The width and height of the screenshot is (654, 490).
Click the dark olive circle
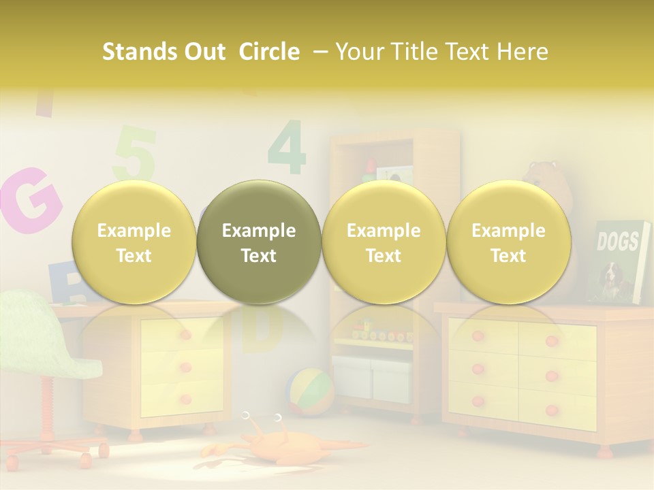[259, 242]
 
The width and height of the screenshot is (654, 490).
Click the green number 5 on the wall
[136, 154]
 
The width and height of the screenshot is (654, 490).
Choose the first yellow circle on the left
[134, 242]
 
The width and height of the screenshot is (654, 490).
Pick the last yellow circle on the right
[508, 242]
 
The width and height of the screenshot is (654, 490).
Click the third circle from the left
[384, 242]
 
